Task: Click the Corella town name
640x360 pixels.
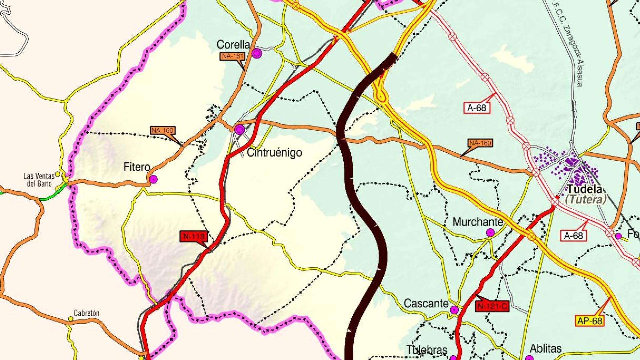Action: coord(233,45)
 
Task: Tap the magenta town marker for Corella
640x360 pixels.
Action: coord(256,53)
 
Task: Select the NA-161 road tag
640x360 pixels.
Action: coord(232,56)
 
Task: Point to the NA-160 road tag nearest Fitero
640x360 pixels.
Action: coord(162,130)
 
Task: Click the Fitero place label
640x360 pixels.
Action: coord(137,167)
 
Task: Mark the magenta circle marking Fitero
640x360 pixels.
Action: coord(153,179)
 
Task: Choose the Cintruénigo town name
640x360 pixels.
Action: coord(274,153)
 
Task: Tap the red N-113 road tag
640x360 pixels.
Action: coord(194,237)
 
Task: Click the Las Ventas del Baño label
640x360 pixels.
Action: coord(39,180)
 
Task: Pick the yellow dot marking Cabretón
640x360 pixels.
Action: coord(71,319)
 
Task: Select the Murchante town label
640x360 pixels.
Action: coord(478,222)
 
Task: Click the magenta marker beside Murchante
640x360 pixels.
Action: coord(490,232)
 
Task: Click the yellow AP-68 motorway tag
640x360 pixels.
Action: coord(590,321)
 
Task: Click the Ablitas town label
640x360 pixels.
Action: coord(546,349)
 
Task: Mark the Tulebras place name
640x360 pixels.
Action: coord(427,350)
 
